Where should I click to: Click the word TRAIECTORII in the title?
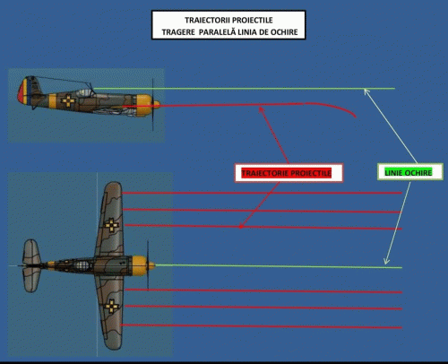pos(207,21)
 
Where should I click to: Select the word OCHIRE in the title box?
pos(284,32)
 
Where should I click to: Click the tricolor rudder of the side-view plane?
pos(24,91)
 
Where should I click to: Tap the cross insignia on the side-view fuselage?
pos(68,100)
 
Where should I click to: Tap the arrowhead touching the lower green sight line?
pos(386,261)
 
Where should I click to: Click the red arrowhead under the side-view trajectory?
pos(262,109)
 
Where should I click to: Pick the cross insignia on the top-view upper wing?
pos(111,225)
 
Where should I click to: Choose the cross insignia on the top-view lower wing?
pos(112,306)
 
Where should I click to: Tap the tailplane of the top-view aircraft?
pos(31,265)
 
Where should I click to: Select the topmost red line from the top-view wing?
pos(262,193)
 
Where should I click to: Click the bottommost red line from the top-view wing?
pos(262,326)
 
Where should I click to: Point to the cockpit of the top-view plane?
pos(82,265)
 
